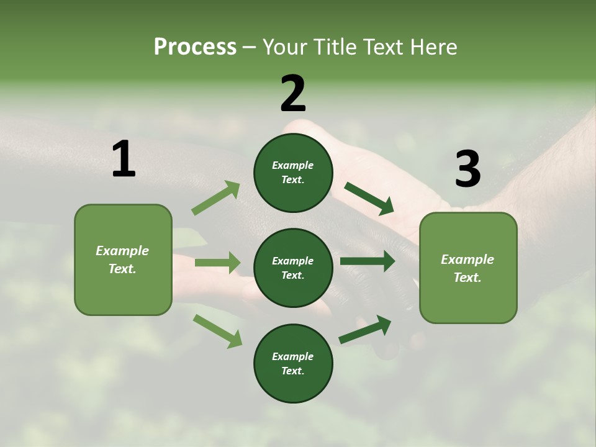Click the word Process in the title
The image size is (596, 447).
[195, 47]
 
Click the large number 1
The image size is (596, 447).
[124, 160]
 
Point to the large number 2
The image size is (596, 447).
[293, 94]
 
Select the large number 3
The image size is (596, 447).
[467, 169]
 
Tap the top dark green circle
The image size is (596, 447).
[293, 173]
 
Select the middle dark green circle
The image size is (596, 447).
[293, 268]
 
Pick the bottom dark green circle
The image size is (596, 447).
[293, 363]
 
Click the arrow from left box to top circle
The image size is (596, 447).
[216, 198]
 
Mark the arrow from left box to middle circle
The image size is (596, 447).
[217, 263]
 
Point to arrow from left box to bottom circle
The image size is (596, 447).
[217, 331]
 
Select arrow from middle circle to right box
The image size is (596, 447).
[368, 261]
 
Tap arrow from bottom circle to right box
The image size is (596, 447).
[365, 330]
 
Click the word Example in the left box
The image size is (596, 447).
[122, 251]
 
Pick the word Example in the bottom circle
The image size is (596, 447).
[292, 356]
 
